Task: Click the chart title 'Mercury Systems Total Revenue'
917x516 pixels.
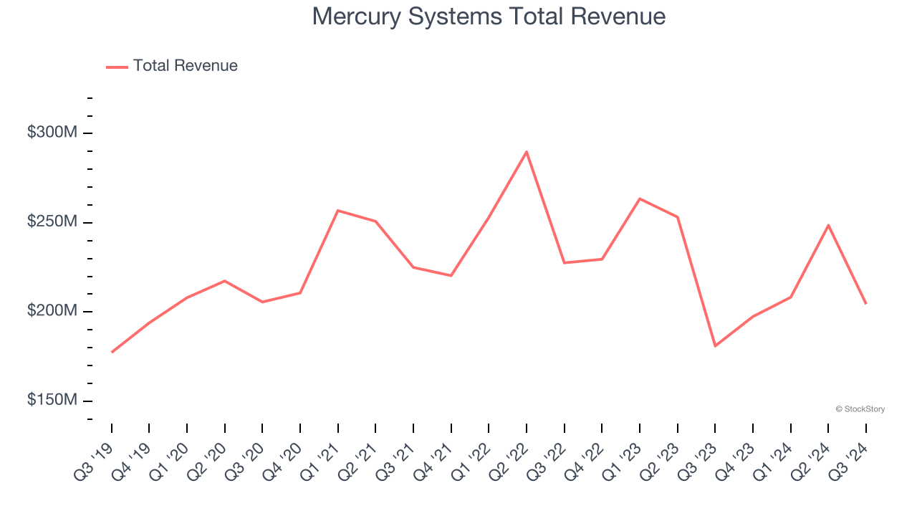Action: (x=489, y=16)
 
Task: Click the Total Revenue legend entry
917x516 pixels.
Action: (x=172, y=66)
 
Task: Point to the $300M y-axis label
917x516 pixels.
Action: (x=52, y=133)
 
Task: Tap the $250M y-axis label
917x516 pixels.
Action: (x=52, y=222)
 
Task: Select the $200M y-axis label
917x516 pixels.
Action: (x=52, y=311)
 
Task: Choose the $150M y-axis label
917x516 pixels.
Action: (x=52, y=400)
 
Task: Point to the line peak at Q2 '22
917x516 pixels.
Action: (x=527, y=152)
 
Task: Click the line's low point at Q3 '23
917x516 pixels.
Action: (x=715, y=346)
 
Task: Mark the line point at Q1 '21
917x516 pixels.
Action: (x=338, y=211)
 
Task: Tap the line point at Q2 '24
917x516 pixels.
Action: (x=828, y=225)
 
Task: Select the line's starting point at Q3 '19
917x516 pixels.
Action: (x=112, y=352)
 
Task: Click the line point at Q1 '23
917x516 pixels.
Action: (x=640, y=199)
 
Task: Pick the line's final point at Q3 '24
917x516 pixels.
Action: (x=865, y=303)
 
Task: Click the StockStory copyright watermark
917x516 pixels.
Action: (x=860, y=409)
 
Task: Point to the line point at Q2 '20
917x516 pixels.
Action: (x=225, y=281)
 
